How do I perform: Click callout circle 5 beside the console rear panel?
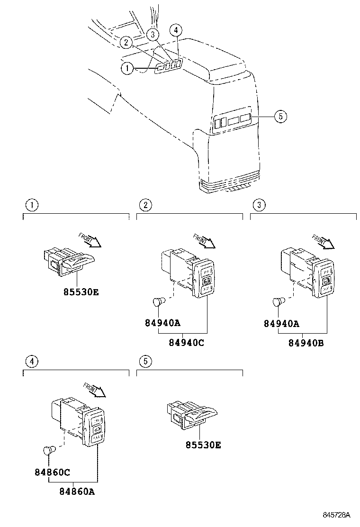point(280,116)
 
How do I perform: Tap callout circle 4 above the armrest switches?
point(176,31)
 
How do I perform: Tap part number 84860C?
point(52,472)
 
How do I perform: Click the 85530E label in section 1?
point(81,292)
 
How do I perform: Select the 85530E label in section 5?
point(203,445)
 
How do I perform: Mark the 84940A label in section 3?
point(282,324)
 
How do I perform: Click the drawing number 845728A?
point(336,515)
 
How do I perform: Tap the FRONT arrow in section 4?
point(95,390)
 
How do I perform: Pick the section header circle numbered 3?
point(259,205)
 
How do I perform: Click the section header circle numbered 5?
point(145,362)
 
